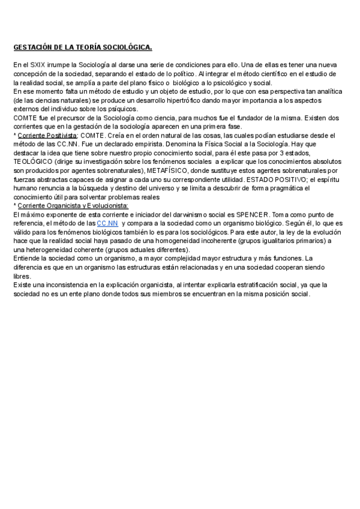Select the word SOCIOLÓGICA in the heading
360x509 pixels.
coord(128,47)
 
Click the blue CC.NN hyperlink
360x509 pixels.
coord(107,223)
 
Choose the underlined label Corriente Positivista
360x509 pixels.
coord(47,136)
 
